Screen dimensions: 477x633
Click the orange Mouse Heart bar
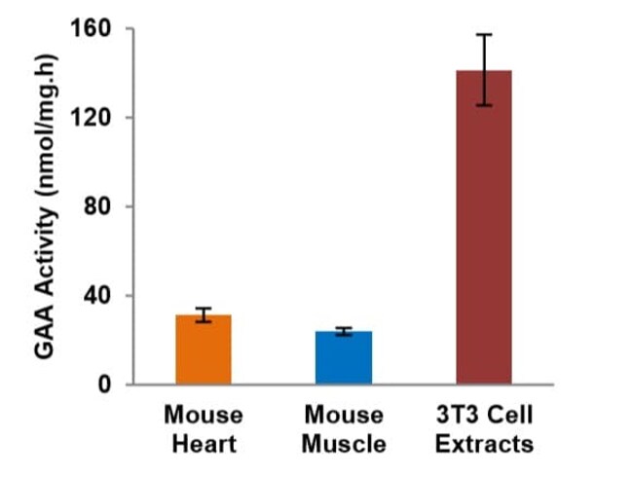click(x=204, y=350)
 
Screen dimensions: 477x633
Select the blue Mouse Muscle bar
click(x=343, y=358)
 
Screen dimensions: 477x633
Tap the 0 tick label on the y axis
click(x=104, y=385)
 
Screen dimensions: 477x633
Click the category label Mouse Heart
click(x=204, y=429)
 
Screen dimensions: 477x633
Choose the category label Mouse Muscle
click(x=343, y=429)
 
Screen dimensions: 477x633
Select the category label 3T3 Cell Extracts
click(x=484, y=429)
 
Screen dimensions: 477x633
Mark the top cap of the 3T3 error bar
click(x=484, y=34)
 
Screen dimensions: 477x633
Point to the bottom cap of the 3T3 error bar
click(x=484, y=105)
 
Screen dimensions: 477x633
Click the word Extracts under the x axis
click(x=484, y=445)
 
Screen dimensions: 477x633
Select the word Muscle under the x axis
click(x=343, y=445)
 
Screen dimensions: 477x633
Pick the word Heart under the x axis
click(x=204, y=445)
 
